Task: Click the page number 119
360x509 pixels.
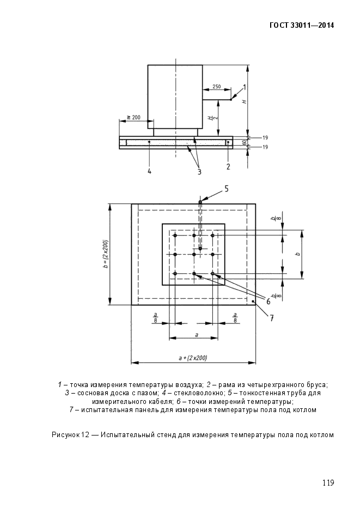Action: pyautogui.click(x=327, y=482)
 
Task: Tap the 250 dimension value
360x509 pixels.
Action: pyautogui.click(x=216, y=87)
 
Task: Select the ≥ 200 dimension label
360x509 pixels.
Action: pyautogui.click(x=133, y=117)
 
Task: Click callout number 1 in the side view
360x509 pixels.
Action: pyautogui.click(x=245, y=87)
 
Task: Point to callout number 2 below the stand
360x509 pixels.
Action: pyautogui.click(x=228, y=165)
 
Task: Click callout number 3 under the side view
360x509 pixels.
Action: pyautogui.click(x=199, y=171)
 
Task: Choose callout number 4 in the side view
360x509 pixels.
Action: pyautogui.click(x=149, y=171)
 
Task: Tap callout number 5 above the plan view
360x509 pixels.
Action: pyautogui.click(x=227, y=189)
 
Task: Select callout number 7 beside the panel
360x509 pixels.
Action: pyautogui.click(x=271, y=318)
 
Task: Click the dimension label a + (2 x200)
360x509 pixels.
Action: pyautogui.click(x=193, y=358)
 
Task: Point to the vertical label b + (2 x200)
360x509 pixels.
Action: pyautogui.click(x=105, y=254)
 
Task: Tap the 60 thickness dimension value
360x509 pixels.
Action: pyautogui.click(x=244, y=143)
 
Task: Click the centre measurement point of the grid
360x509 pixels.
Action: pyautogui.click(x=194, y=254)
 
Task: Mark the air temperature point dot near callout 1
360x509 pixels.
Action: pyautogui.click(x=231, y=100)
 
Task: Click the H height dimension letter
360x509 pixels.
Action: pyautogui.click(x=245, y=101)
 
